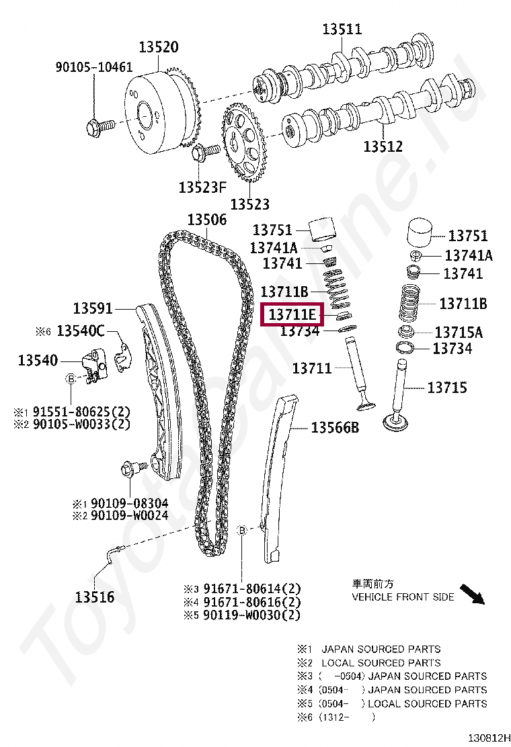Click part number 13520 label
(159, 47)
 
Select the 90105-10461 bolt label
(93, 67)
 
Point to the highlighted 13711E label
(292, 314)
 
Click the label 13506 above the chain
(206, 220)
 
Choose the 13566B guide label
(334, 427)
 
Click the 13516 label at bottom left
(94, 597)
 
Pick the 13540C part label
(81, 331)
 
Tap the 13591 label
(93, 308)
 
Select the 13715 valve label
(447, 387)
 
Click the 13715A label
(459, 332)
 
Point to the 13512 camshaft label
(383, 146)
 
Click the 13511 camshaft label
(342, 29)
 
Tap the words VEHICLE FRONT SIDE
(403, 597)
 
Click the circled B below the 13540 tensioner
(71, 380)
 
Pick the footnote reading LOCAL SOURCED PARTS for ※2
(381, 662)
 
